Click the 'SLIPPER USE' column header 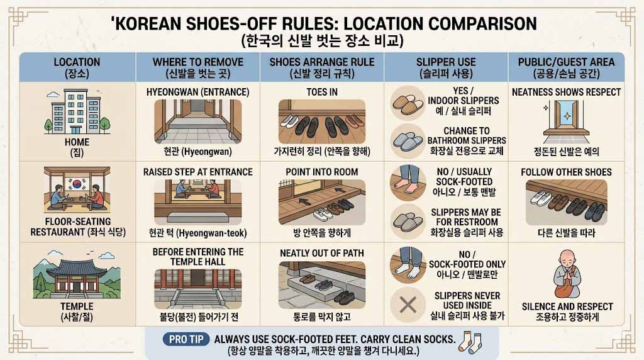point(445,62)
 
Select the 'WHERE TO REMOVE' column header point(197,62)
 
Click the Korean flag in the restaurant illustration point(77,185)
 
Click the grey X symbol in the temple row point(408,305)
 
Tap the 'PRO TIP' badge point(186,339)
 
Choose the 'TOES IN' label point(321,92)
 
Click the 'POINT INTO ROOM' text point(321,172)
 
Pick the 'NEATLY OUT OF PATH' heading point(321,252)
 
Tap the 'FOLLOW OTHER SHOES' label point(566,172)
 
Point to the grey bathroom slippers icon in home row point(408,140)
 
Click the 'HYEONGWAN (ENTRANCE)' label point(197,92)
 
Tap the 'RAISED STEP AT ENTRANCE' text point(197,172)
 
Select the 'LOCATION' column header point(77,62)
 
